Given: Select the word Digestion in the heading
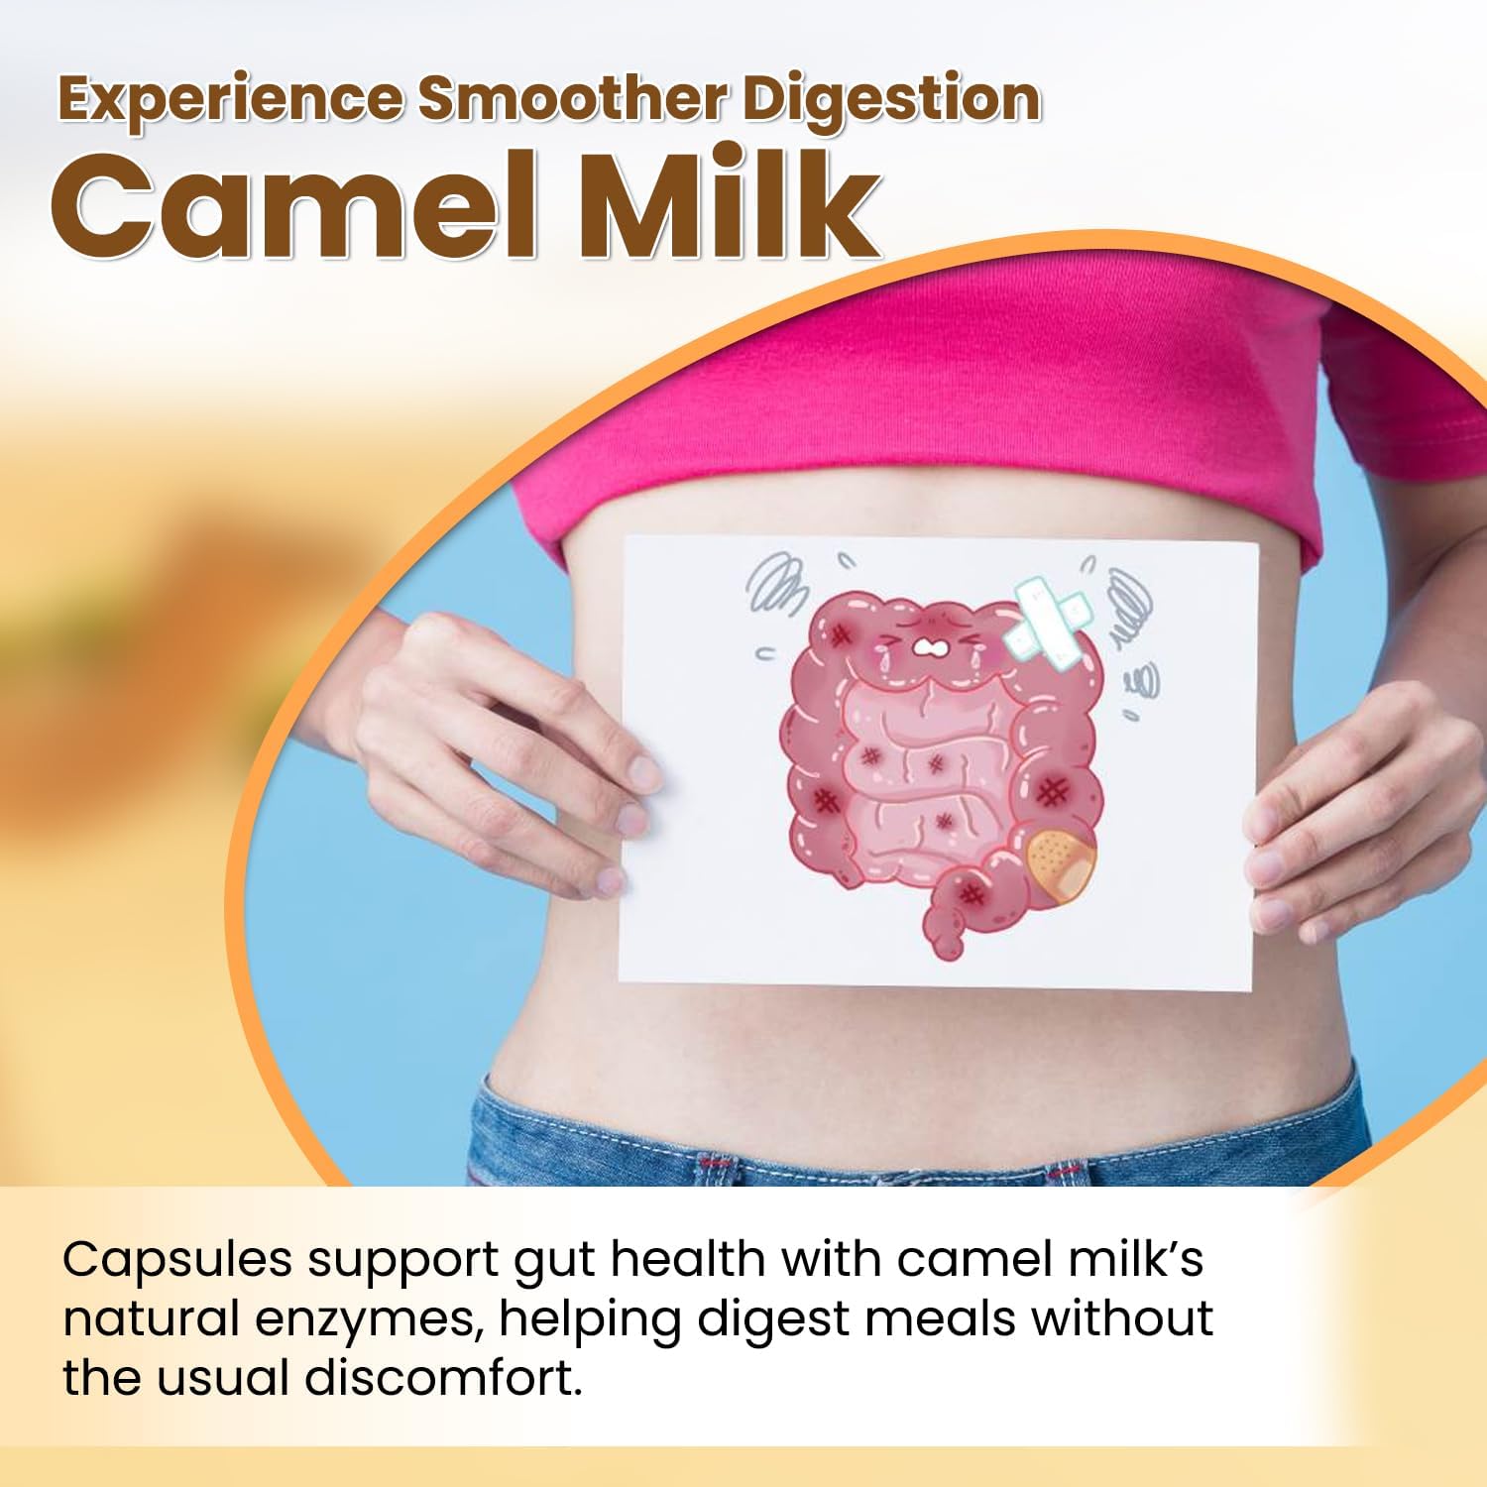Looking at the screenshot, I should pyautogui.click(x=892, y=100).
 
